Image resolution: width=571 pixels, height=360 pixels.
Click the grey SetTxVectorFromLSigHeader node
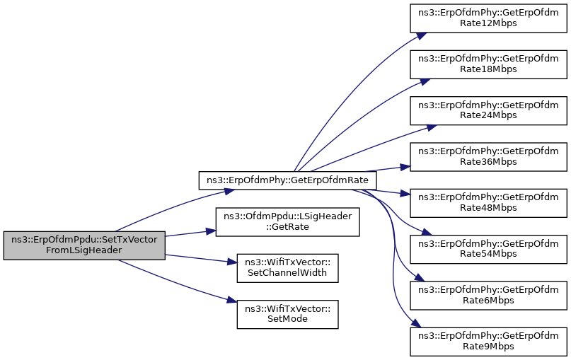pos(84,245)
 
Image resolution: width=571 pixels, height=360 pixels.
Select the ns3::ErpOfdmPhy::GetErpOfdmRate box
pos(282,180)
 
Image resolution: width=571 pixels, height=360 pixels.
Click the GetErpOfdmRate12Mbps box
pos(489,18)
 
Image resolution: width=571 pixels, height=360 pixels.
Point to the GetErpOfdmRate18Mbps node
pos(489,64)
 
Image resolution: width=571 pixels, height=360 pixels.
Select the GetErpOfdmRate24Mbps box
pos(489,110)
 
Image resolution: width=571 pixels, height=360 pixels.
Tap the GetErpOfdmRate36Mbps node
pos(489,156)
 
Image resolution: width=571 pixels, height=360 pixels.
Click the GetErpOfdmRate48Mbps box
pos(489,202)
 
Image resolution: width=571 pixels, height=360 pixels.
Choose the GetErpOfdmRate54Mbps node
pos(489,248)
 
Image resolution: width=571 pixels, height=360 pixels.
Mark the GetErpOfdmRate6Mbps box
pos(489,294)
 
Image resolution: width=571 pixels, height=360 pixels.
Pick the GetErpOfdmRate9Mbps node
pos(489,339)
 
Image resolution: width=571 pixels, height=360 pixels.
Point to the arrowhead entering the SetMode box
pos(232,302)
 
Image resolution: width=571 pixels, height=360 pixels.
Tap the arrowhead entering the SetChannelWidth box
pos(232,263)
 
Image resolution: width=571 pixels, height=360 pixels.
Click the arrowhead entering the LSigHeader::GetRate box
pos(211,231)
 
